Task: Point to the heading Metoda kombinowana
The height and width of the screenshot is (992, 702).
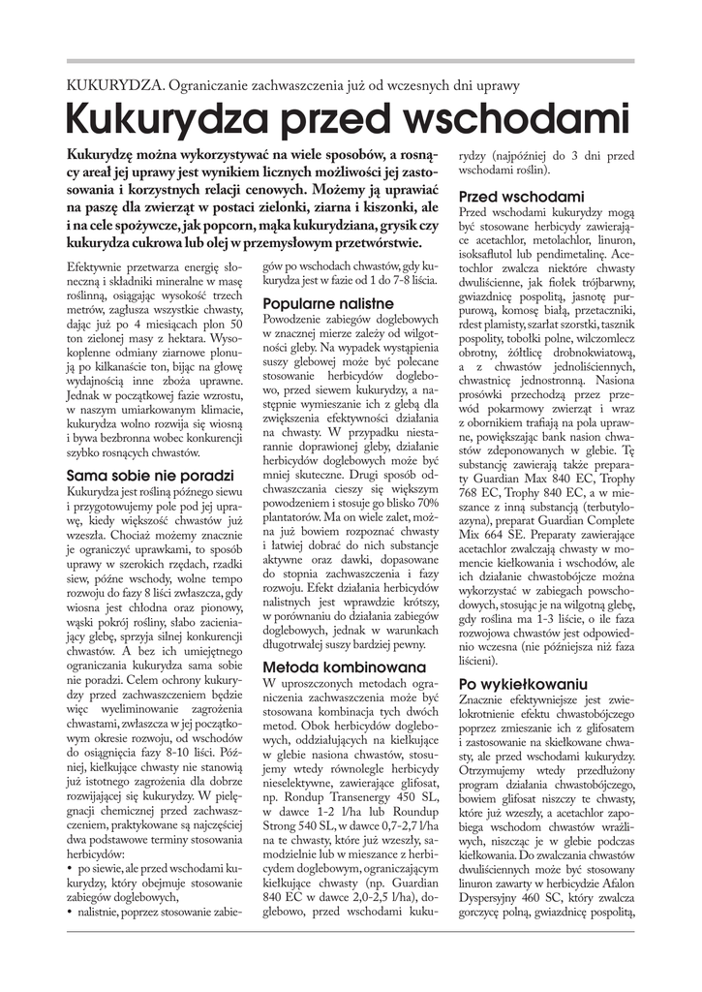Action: [344, 667]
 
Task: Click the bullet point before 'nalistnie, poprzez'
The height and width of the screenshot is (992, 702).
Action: [71, 911]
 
